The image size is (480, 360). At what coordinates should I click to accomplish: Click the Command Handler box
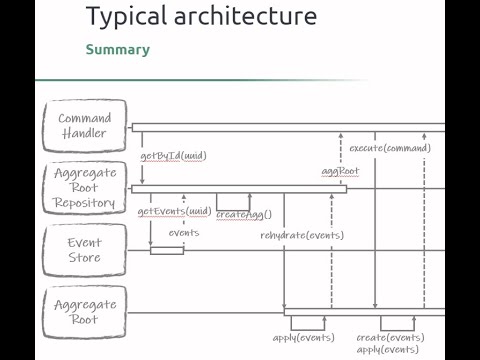tap(84, 126)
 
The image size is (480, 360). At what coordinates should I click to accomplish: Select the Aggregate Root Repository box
tap(84, 188)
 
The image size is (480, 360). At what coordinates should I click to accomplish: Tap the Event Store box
tap(84, 250)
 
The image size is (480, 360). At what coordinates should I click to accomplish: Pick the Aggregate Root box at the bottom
tap(84, 312)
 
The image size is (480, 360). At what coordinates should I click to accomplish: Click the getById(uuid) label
tap(173, 157)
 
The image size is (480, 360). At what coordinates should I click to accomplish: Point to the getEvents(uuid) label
tap(173, 211)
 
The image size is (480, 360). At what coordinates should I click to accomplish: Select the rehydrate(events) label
tap(302, 235)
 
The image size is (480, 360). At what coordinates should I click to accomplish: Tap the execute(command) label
tap(390, 148)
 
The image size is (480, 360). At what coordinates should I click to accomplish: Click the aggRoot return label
tap(340, 172)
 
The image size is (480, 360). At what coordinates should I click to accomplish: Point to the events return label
tap(183, 233)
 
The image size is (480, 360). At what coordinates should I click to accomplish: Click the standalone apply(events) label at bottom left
tap(303, 338)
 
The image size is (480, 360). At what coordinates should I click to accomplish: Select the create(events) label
tap(389, 338)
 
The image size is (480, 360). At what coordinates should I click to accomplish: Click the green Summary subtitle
tap(117, 49)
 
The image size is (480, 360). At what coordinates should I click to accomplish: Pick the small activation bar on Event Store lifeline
tap(167, 250)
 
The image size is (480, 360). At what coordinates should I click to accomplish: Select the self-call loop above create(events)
tap(398, 322)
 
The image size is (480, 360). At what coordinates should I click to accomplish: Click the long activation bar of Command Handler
tap(290, 127)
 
